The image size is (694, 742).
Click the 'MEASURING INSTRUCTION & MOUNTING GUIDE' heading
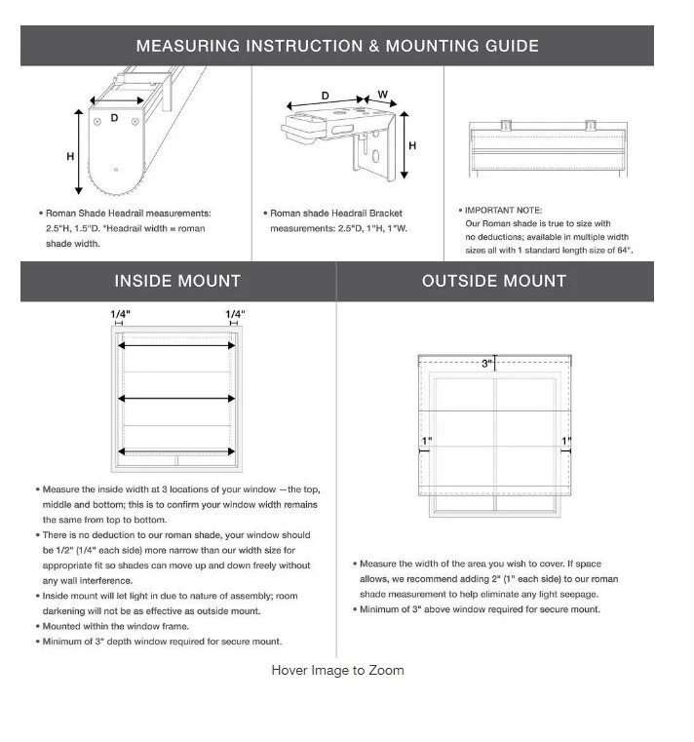pyautogui.click(x=337, y=46)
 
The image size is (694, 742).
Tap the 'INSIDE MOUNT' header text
pyautogui.click(x=177, y=281)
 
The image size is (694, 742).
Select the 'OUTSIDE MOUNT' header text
pyautogui.click(x=494, y=281)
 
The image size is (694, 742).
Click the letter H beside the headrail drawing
pyautogui.click(x=70, y=157)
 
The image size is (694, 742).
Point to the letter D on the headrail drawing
pyautogui.click(x=114, y=118)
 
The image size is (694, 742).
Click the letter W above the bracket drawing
pyautogui.click(x=383, y=96)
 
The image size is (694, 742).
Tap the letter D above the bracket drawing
pyautogui.click(x=325, y=96)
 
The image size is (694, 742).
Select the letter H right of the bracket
pyautogui.click(x=413, y=146)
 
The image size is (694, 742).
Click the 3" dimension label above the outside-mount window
pyautogui.click(x=486, y=364)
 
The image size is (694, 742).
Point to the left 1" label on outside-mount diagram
pyautogui.click(x=426, y=441)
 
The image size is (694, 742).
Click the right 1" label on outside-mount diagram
pyautogui.click(x=565, y=441)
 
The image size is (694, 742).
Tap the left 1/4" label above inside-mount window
pyautogui.click(x=120, y=314)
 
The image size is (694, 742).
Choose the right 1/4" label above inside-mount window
pyautogui.click(x=235, y=314)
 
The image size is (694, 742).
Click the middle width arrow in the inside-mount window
pyautogui.click(x=177, y=398)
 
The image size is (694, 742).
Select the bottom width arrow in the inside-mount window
pyautogui.click(x=177, y=450)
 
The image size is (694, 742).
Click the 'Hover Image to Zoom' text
pyautogui.click(x=337, y=670)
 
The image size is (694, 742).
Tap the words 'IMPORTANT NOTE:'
pyautogui.click(x=505, y=210)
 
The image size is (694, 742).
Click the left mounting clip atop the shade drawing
pyautogui.click(x=506, y=125)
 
